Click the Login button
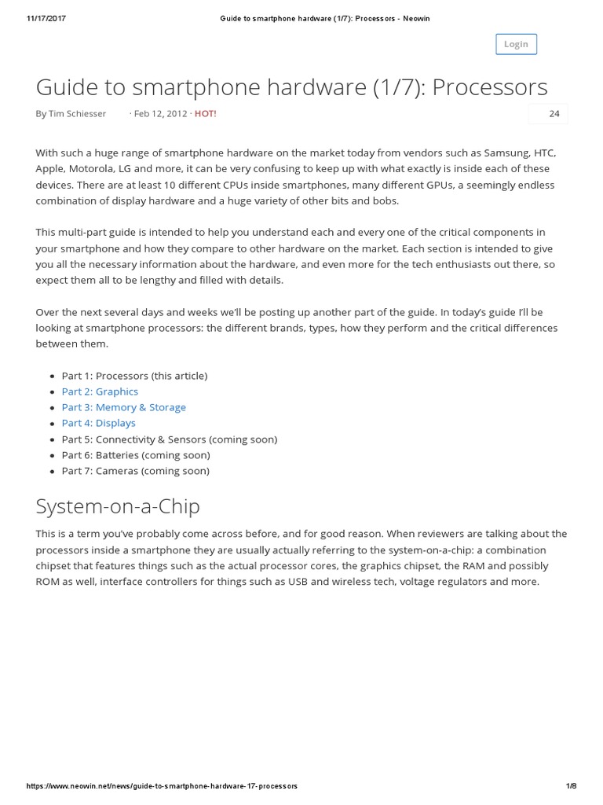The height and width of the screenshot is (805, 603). point(516,44)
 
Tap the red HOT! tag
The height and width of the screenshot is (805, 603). point(205,114)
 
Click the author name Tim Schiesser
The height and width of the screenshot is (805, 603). point(77,114)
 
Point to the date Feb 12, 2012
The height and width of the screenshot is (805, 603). point(161,114)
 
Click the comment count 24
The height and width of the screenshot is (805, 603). point(554,114)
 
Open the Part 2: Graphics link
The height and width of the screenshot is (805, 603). point(100,391)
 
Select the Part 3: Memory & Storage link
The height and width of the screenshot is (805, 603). point(123,407)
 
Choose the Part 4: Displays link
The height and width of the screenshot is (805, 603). point(98,423)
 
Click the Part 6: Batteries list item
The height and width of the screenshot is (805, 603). point(135,455)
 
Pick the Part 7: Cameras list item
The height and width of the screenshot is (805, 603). point(135,471)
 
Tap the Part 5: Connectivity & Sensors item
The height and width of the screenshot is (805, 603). point(169,439)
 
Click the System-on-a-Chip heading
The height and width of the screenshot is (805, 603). point(118,505)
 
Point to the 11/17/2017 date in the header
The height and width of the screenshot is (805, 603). point(46,19)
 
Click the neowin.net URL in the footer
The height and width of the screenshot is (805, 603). point(162,786)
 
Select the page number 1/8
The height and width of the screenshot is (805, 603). point(571,786)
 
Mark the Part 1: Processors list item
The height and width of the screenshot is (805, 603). point(134,376)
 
